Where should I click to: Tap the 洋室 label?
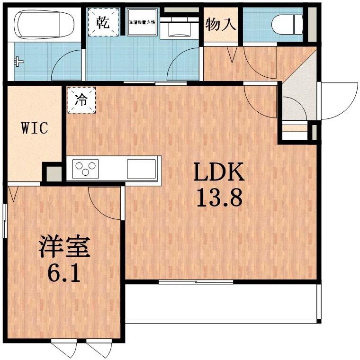point(64,248)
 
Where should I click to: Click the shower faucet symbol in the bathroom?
point(18,61)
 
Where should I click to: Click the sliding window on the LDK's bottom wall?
point(196,282)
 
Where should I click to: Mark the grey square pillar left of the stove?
point(53,173)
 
